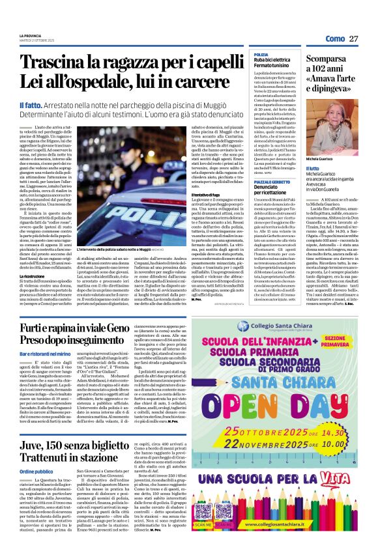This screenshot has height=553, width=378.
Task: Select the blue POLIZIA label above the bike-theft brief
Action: pyautogui.click(x=261, y=55)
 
